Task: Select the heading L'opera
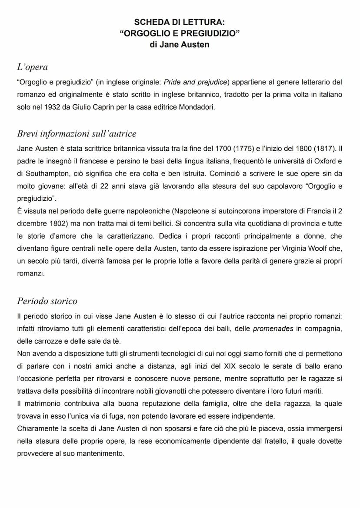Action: (x=32, y=67)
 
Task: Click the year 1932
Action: (x=53, y=107)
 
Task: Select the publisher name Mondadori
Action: (x=197, y=107)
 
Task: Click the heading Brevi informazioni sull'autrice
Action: (x=77, y=134)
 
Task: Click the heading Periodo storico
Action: (x=47, y=301)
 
